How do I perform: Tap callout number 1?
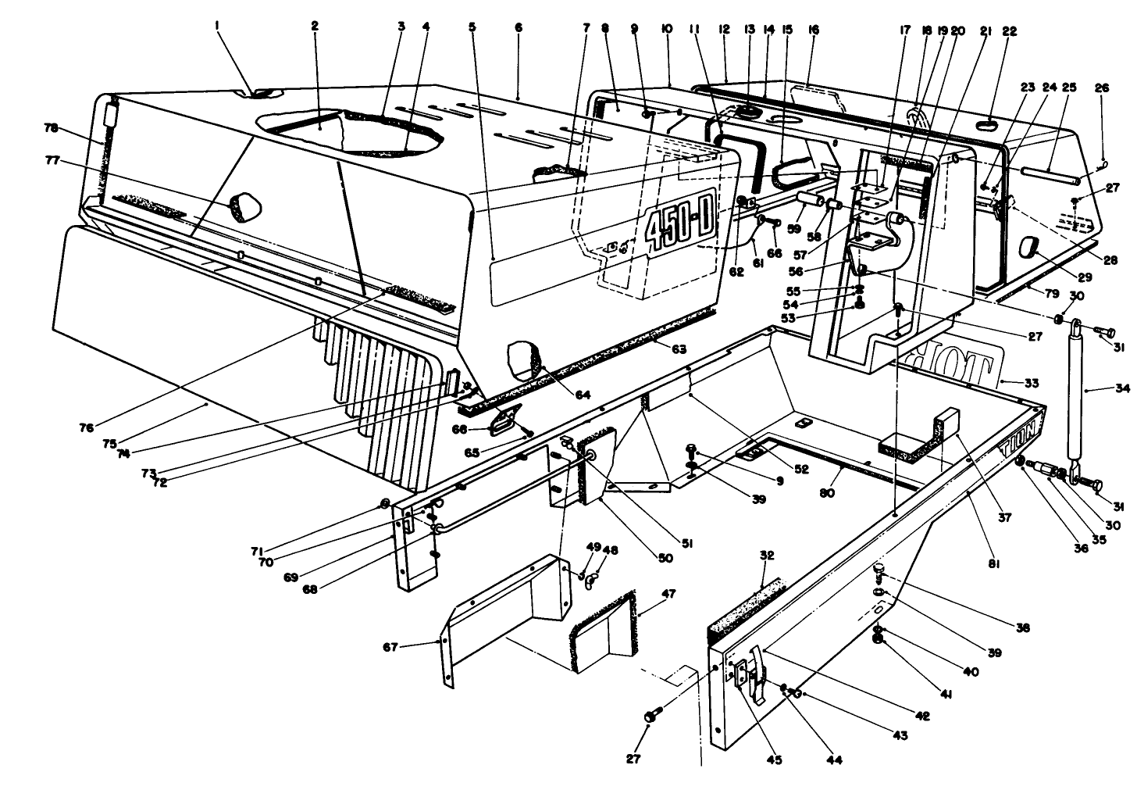(x=218, y=26)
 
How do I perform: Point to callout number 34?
(x=1122, y=388)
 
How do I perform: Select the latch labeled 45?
(x=753, y=670)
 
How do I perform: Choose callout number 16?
(x=813, y=30)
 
